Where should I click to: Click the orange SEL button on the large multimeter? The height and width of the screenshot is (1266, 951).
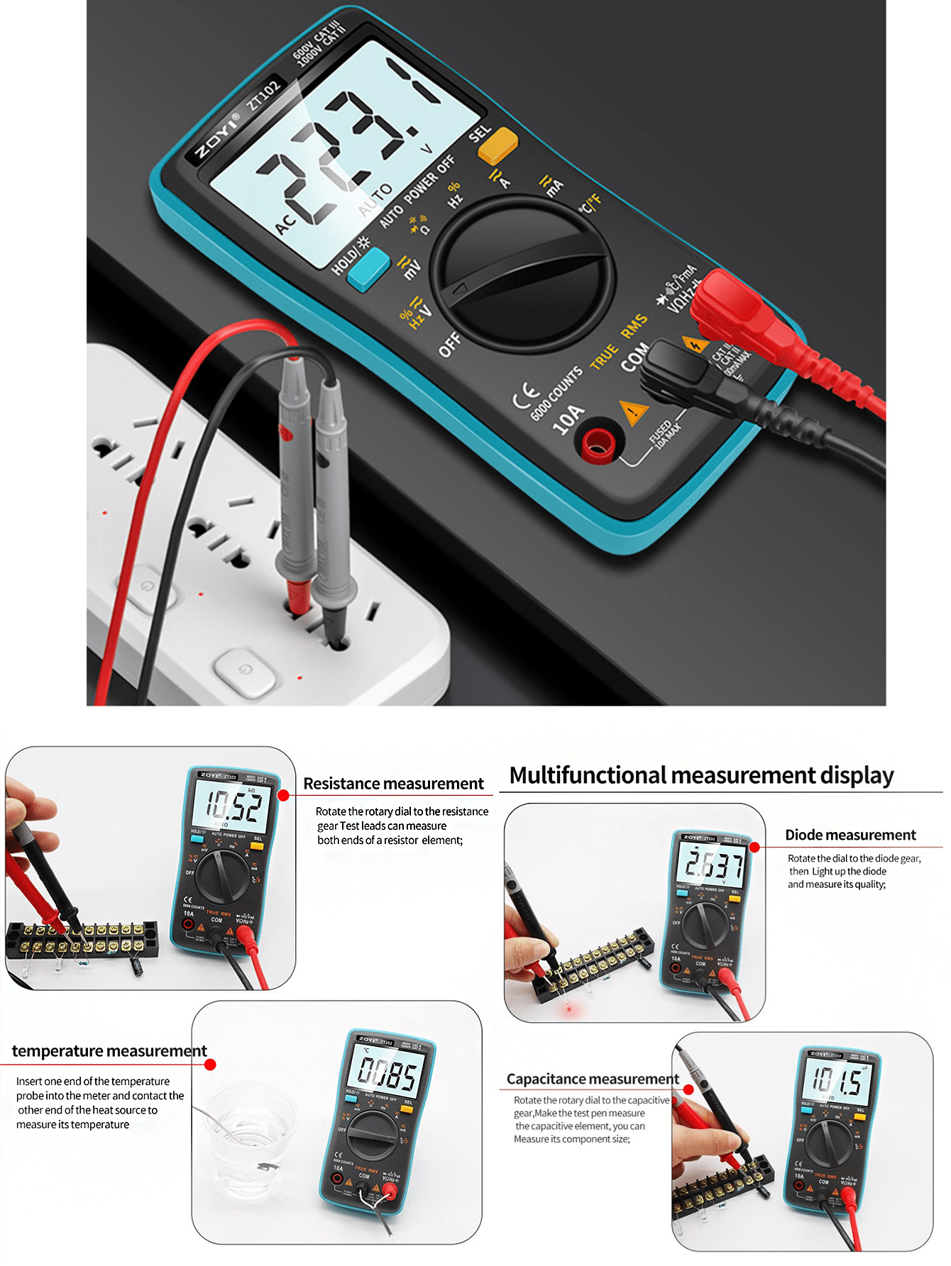pyautogui.click(x=498, y=145)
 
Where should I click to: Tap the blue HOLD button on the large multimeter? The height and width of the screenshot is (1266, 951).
pyautogui.click(x=368, y=269)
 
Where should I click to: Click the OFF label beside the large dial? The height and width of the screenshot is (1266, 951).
pyautogui.click(x=450, y=344)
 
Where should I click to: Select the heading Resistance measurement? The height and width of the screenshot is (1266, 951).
pyautogui.click(x=393, y=784)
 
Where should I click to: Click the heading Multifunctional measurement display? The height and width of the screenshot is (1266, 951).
pyautogui.click(x=701, y=775)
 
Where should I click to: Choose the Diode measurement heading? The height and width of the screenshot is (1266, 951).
pyautogui.click(x=850, y=835)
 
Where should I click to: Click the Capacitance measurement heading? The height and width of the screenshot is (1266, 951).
pyautogui.click(x=593, y=1079)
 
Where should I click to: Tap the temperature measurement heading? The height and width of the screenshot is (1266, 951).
pyautogui.click(x=109, y=1050)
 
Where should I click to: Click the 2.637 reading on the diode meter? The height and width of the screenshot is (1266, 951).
pyautogui.click(x=713, y=865)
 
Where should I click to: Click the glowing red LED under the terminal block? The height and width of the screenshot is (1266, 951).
pyautogui.click(x=568, y=1008)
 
